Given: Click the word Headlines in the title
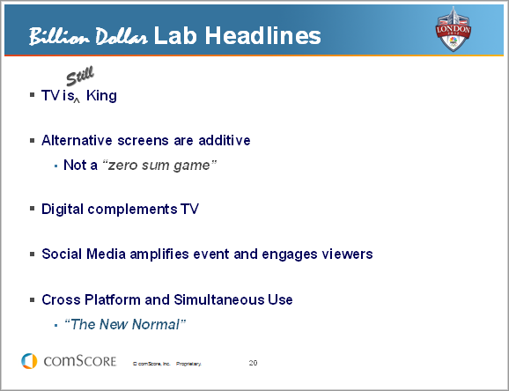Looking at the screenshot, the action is (262, 35).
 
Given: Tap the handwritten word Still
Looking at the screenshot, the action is (80, 76).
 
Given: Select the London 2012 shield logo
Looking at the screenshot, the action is (453, 29).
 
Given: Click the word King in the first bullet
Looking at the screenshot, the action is (101, 95).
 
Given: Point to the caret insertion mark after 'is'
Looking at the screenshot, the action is (77, 100).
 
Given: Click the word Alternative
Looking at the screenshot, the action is (77, 140).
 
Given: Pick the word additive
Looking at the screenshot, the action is (225, 140).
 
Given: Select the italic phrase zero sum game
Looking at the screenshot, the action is (159, 166).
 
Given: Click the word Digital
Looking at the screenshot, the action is (63, 209).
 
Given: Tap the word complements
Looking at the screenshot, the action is (132, 209).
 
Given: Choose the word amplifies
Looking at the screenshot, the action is (159, 254).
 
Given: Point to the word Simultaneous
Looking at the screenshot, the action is (219, 299).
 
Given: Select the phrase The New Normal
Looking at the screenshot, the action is (125, 324).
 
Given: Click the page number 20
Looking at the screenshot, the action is (254, 363).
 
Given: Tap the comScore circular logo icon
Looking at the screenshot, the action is (29, 361).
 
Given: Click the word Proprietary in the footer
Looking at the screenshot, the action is (188, 364).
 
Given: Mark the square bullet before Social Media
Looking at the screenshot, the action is (32, 254).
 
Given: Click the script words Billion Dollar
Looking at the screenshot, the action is (88, 36).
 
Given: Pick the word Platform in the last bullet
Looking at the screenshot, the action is (113, 299).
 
